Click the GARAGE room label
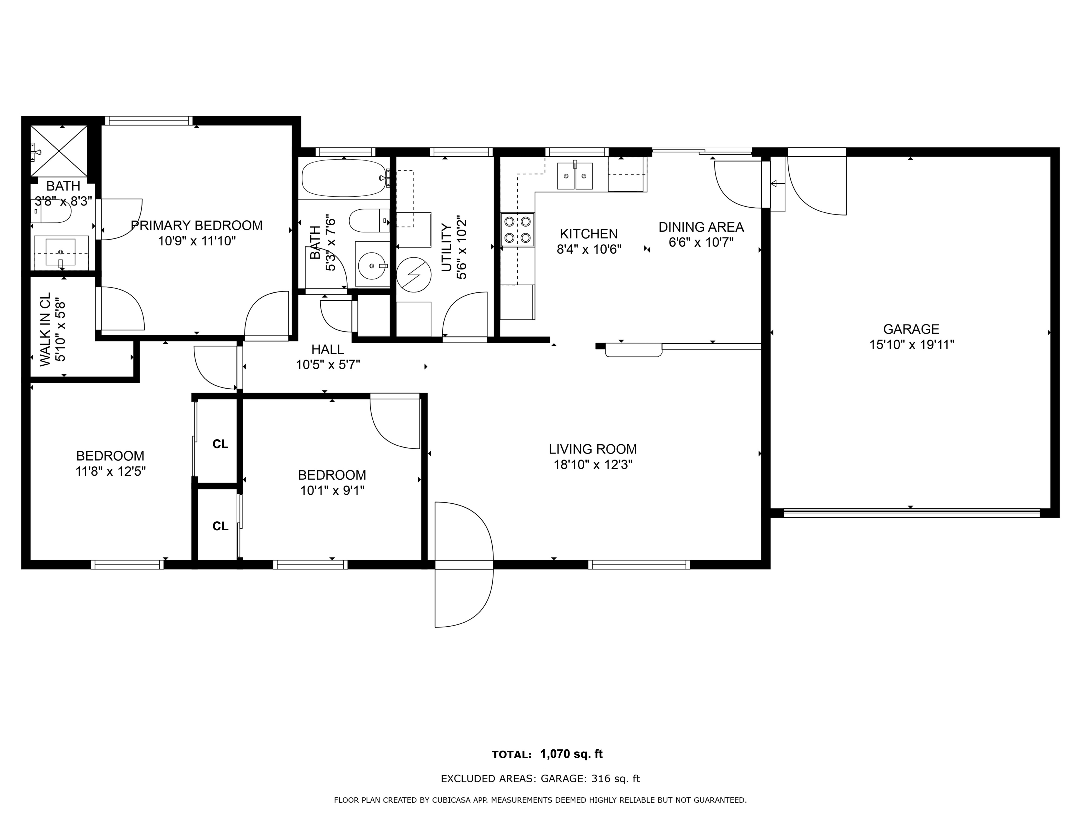pyautogui.click(x=911, y=329)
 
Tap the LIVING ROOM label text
pyautogui.click(x=592, y=449)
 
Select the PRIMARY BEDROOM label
pyautogui.click(x=197, y=226)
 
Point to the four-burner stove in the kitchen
pyautogui.click(x=517, y=230)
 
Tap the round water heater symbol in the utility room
pyautogui.click(x=414, y=275)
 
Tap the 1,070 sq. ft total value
pyautogui.click(x=571, y=754)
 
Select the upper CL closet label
pyautogui.click(x=220, y=444)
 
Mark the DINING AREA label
pyautogui.click(x=701, y=227)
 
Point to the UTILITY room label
pyautogui.click(x=446, y=248)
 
